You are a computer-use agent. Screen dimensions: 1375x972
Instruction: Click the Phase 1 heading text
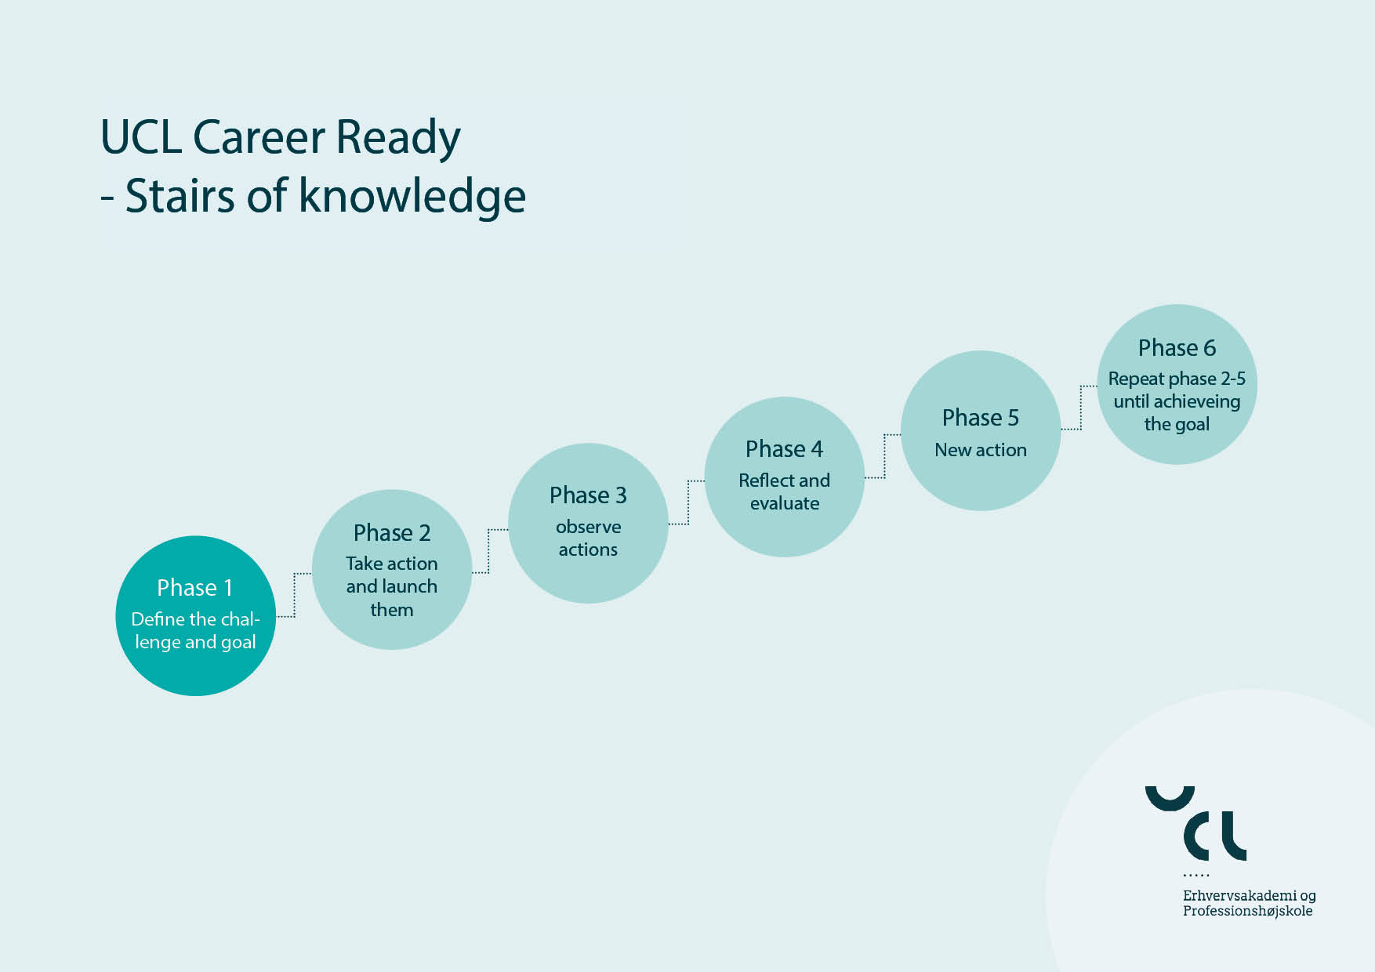coord(194,587)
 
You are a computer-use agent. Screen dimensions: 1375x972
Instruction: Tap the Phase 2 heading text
coord(392,533)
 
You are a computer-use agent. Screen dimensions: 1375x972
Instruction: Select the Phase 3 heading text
coord(588,495)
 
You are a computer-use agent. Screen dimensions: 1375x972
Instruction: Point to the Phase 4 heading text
coord(784,449)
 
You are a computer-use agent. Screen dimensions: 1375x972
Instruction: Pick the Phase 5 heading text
coord(981,418)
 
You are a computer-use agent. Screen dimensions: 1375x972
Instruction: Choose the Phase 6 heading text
coord(1177,348)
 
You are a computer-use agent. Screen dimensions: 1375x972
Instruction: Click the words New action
coord(981,450)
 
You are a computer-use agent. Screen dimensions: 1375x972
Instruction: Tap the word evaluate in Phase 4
coord(785,503)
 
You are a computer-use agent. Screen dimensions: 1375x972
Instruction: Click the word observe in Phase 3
coord(588,527)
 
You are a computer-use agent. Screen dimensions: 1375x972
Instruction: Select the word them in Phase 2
coord(392,610)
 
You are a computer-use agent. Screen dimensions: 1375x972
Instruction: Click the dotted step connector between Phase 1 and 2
coord(294,595)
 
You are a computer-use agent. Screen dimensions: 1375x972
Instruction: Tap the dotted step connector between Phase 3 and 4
coord(687,502)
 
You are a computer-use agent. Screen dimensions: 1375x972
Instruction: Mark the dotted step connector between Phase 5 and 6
coord(1081,408)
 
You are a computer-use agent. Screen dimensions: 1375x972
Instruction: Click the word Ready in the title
coord(398,138)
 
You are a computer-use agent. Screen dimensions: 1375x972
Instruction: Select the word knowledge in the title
coord(412,196)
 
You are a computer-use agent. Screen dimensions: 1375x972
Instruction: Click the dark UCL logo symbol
coord(1196,824)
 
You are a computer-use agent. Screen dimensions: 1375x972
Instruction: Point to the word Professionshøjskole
coord(1248,911)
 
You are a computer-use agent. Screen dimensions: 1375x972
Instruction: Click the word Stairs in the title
coord(180,196)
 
